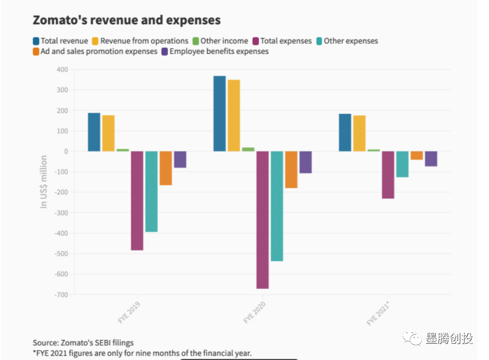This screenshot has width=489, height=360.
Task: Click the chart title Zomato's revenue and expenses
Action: pyautogui.click(x=126, y=20)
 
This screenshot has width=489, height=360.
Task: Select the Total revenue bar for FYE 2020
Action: pyautogui.click(x=220, y=113)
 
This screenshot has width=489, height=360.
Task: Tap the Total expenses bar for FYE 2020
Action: pyautogui.click(x=262, y=220)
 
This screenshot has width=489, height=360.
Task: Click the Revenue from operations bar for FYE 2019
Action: pyautogui.click(x=108, y=133)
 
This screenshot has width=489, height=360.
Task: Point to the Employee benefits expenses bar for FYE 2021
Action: pyautogui.click(x=431, y=159)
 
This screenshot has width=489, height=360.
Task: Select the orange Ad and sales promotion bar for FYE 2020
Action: pyautogui.click(x=291, y=170)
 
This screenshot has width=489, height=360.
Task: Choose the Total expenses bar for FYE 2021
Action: pyautogui.click(x=388, y=175)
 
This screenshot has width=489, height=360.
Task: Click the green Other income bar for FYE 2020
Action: pyautogui.click(x=248, y=149)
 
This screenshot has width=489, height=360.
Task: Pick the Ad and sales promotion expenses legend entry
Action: pyautogui.click(x=95, y=52)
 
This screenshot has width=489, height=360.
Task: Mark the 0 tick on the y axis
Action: pyautogui.click(x=65, y=151)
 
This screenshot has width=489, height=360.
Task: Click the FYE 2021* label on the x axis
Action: pyautogui.click(x=378, y=312)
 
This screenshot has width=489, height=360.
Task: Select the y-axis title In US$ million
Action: pyautogui.click(x=44, y=182)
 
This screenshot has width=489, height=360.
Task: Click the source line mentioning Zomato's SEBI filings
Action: pyautogui.click(x=83, y=343)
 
